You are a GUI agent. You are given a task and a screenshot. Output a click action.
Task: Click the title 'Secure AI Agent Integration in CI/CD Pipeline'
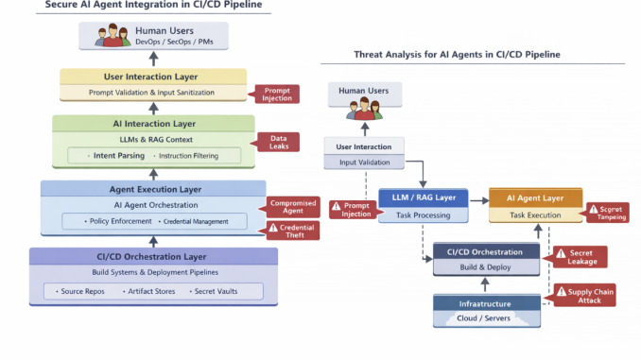point(153,6)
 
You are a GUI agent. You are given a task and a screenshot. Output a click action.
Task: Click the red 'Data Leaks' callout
point(278,142)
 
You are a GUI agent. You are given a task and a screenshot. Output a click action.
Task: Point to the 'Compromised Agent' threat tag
point(292,207)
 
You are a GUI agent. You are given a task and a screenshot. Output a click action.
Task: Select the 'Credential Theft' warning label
point(292,230)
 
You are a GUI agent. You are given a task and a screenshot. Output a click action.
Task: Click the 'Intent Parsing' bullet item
point(115,154)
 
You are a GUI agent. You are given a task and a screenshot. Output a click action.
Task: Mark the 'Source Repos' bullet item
point(84,291)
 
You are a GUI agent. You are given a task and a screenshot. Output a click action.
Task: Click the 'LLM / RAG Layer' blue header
point(423,198)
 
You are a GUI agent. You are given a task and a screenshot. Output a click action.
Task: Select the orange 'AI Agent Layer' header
point(534,198)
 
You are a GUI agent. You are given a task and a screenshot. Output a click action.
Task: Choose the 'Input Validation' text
point(365,163)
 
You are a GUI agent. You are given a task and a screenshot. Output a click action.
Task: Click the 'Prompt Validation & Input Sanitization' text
point(153,92)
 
